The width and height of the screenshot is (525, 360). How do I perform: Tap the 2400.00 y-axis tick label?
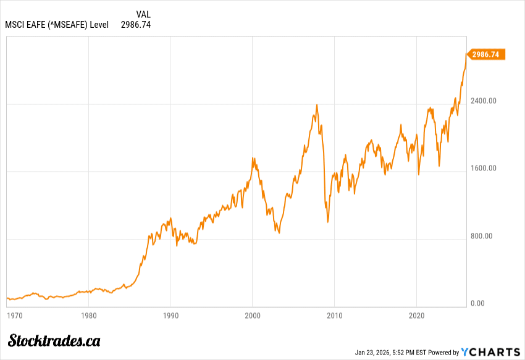point(484,101)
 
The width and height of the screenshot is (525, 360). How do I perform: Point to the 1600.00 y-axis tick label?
point(484,168)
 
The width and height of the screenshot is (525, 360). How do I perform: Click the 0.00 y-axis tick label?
point(478,303)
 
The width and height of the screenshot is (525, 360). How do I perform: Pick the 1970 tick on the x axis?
point(14,316)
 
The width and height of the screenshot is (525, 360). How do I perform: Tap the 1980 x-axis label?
point(88,316)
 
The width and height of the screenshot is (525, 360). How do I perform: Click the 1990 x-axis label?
point(170,316)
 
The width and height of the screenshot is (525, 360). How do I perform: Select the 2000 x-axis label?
point(253,316)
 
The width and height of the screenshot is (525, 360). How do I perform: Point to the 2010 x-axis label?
point(334,316)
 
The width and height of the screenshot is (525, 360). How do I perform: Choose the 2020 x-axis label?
point(416,316)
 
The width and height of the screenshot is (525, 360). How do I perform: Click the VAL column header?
point(143,14)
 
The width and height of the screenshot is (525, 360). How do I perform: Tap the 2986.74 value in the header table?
point(135,25)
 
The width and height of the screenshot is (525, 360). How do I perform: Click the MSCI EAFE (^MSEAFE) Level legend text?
point(57,25)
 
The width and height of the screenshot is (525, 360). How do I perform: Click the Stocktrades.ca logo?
point(54,340)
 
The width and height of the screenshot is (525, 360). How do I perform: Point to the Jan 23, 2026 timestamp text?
point(390,353)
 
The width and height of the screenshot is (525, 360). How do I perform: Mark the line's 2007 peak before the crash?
point(317,104)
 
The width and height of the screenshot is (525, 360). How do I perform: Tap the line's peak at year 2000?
point(253,158)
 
